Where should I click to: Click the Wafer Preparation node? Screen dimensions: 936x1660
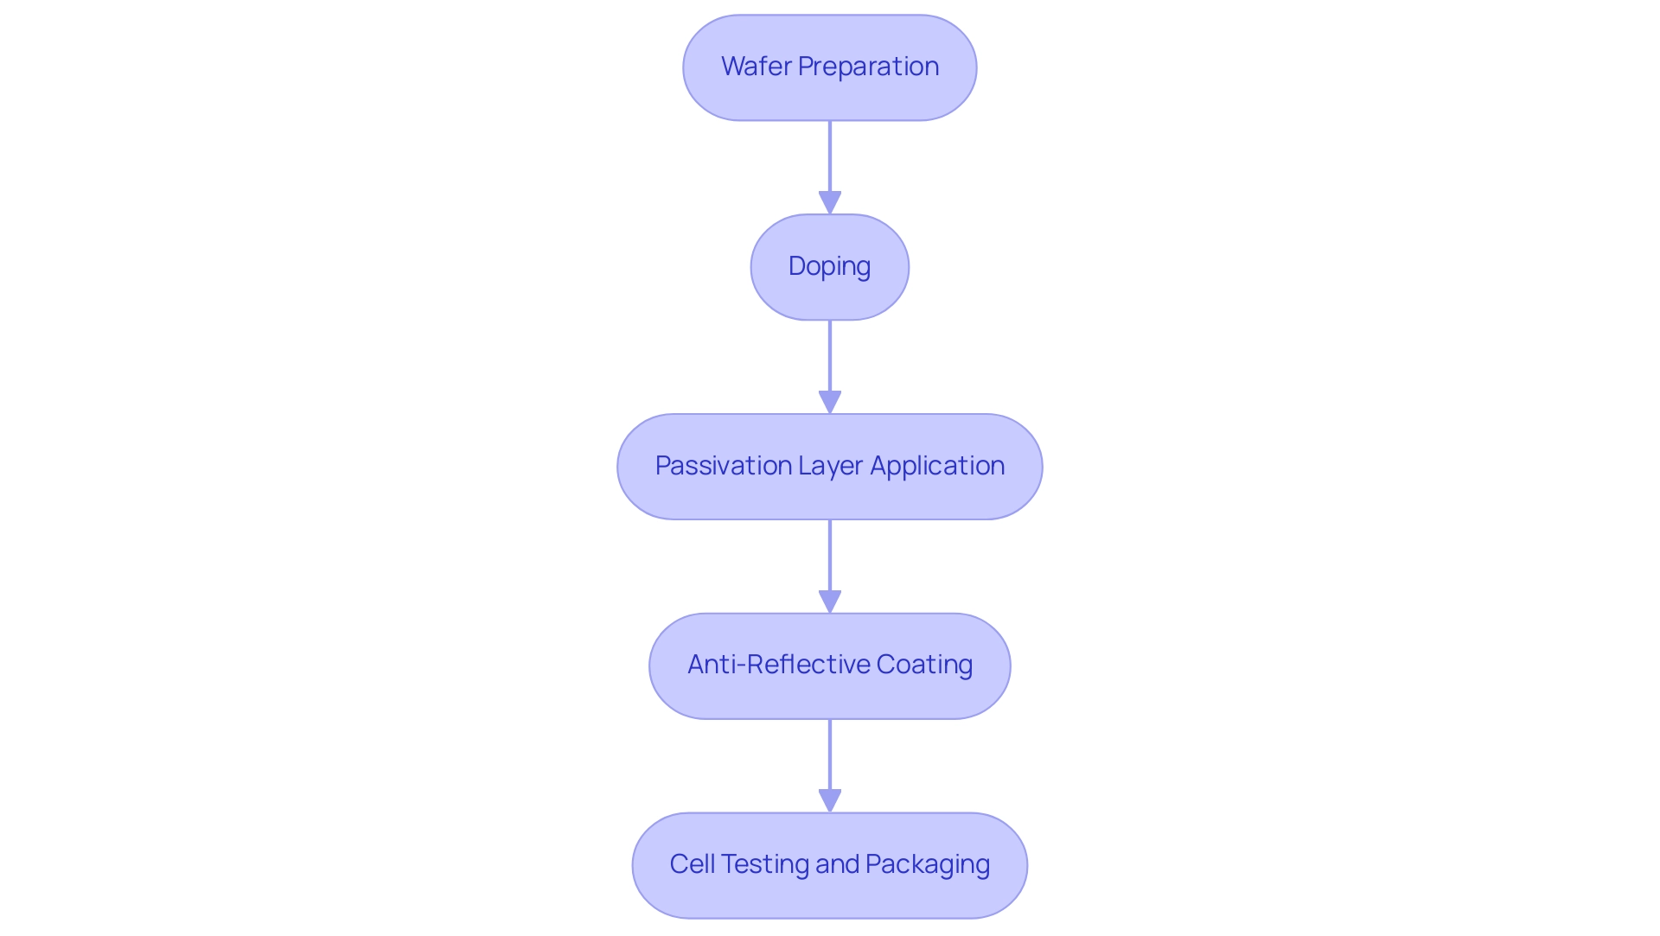829,67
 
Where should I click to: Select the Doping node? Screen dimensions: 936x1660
829,267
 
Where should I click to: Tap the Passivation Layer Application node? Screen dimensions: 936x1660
829,467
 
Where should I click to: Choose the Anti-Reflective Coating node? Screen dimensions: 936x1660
829,666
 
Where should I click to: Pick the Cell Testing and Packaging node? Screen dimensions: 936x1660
829,865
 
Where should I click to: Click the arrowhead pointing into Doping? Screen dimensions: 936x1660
830,203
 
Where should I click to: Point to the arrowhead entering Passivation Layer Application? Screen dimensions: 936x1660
830,403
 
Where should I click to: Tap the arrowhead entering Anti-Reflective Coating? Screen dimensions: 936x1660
830,602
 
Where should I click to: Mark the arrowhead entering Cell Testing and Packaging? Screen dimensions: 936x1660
830,801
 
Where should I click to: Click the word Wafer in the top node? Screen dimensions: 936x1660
756,67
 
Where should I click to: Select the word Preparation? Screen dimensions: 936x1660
868,67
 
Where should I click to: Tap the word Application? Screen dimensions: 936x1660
937,466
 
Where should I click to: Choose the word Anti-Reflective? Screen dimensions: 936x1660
778,665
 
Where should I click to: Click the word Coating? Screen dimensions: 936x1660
924,665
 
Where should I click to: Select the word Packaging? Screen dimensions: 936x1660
928,864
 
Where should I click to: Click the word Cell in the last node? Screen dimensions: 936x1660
692,864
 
